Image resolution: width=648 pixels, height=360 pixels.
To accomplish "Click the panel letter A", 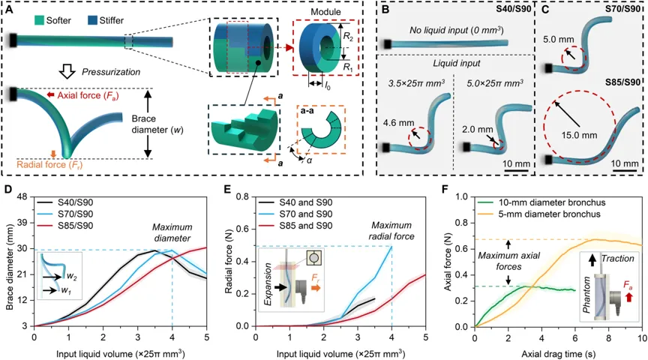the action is click(10, 9).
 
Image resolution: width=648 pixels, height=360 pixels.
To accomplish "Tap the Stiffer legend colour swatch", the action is click(91, 19).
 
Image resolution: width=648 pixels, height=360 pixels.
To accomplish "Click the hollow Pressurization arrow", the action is click(67, 72).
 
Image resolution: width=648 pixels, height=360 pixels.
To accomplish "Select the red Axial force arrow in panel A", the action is click(51, 95).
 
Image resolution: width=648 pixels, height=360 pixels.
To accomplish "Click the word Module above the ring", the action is click(326, 11).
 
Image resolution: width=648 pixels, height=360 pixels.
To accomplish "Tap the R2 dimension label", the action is click(348, 36).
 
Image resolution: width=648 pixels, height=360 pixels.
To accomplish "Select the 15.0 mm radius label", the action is click(579, 135).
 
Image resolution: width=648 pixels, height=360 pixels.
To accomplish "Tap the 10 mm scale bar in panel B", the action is click(516, 170).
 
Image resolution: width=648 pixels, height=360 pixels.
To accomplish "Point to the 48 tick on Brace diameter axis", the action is click(22, 196).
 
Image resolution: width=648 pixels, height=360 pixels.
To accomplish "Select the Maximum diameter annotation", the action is click(172, 232).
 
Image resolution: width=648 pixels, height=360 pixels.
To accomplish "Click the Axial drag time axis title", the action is click(558, 354).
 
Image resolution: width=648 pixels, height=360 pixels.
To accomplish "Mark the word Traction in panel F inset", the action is click(617, 259).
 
